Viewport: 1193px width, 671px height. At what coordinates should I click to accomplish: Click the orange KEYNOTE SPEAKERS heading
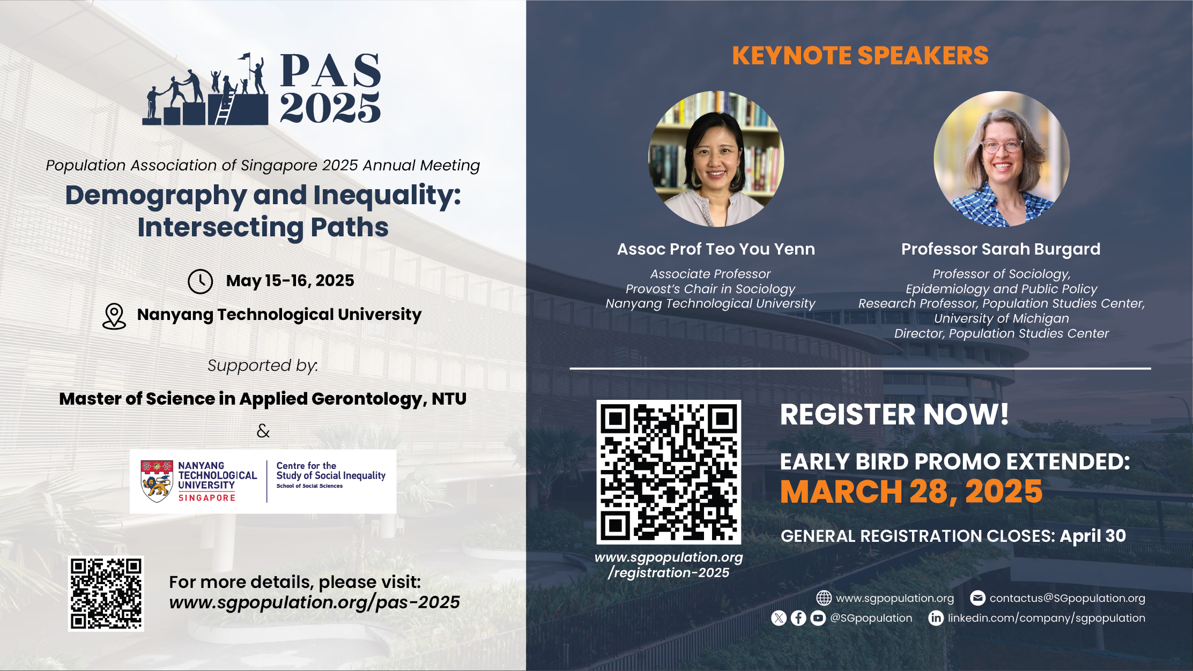[860, 56]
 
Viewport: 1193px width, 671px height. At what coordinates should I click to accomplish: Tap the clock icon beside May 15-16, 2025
[201, 281]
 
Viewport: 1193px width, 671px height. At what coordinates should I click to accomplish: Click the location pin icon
[114, 316]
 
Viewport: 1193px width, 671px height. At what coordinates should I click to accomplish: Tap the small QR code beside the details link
[106, 593]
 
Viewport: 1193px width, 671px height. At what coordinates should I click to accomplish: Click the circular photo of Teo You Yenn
[716, 159]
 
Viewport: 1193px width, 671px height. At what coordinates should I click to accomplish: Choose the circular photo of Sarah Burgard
[1002, 159]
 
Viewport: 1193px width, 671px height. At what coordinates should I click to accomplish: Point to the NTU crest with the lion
[157, 481]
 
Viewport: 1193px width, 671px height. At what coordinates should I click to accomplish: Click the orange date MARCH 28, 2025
[911, 491]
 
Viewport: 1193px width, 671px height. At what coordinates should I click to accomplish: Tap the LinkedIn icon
[936, 618]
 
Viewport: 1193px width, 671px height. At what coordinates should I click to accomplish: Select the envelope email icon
[977, 598]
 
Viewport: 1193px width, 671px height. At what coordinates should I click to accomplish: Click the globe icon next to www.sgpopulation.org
[824, 598]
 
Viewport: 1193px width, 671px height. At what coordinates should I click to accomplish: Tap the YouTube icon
[818, 618]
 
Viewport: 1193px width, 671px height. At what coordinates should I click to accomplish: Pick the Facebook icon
[798, 618]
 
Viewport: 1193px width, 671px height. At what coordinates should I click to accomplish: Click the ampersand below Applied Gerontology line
[263, 431]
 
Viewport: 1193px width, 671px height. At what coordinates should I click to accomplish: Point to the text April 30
[1093, 536]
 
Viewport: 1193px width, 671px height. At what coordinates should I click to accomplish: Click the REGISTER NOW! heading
[894, 414]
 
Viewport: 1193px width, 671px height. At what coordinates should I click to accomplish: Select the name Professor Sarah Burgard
[1001, 249]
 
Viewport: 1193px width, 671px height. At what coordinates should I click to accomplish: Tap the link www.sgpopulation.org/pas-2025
[314, 602]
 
